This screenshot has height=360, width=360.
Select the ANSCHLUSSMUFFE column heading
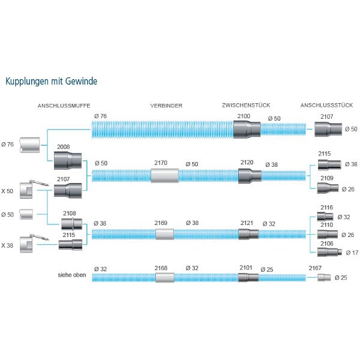64,105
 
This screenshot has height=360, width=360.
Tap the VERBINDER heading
166,105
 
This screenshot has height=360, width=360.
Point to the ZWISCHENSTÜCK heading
244,105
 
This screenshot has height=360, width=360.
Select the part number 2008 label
63,147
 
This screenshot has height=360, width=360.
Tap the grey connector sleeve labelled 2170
164,175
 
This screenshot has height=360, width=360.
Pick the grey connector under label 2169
164,234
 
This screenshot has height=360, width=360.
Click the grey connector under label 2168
164,278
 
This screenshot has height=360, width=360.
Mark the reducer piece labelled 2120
250,175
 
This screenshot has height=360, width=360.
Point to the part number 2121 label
247,223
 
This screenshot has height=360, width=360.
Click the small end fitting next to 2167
324,278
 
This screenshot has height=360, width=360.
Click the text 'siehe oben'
72,277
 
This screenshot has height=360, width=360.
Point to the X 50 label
7,191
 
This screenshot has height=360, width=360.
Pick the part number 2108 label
70,213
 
